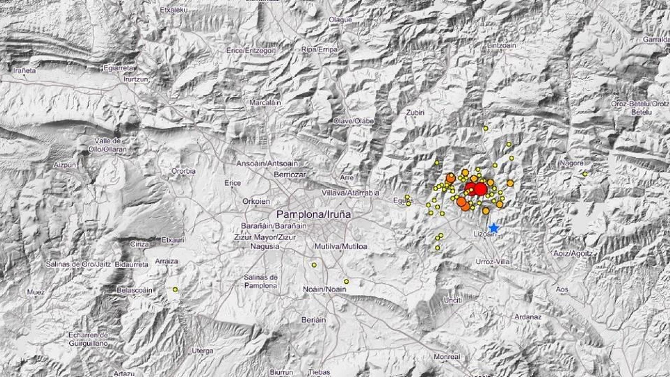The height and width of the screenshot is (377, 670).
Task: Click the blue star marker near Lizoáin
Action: (x=493, y=228)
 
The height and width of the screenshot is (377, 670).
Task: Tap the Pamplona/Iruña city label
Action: (x=313, y=214)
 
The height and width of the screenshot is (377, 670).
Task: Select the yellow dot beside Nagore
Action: (x=585, y=174)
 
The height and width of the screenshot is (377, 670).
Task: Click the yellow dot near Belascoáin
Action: (x=175, y=289)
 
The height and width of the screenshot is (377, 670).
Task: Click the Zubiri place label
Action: (x=415, y=112)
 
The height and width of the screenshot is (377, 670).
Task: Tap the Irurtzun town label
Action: (x=136, y=79)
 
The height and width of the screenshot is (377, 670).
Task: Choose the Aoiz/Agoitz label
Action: (x=573, y=254)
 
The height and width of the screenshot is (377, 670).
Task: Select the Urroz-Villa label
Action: (x=493, y=261)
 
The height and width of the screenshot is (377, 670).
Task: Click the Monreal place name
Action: (x=447, y=357)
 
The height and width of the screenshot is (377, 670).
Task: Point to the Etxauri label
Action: (x=173, y=240)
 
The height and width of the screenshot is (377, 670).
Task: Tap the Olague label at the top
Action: (x=340, y=20)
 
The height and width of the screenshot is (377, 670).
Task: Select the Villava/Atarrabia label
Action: (x=350, y=193)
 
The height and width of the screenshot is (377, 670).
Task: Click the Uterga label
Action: (x=202, y=350)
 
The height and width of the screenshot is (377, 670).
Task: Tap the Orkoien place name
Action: (x=256, y=201)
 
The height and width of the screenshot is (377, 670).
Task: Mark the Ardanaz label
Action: (x=528, y=317)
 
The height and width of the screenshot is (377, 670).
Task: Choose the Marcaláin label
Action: (x=265, y=103)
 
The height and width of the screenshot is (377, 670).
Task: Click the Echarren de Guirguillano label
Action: (x=88, y=339)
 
